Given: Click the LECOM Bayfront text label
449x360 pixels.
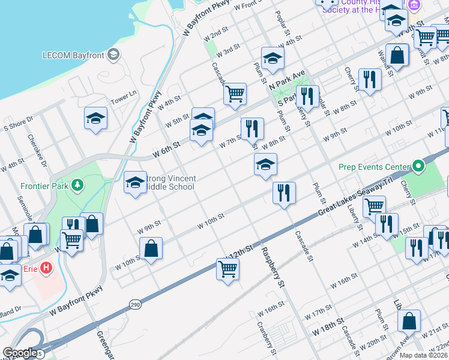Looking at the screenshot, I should [73, 55].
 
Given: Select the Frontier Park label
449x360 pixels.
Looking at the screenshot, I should [40, 186].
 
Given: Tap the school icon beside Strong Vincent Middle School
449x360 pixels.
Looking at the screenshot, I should [136, 182].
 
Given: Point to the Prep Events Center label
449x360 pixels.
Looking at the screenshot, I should [372, 167].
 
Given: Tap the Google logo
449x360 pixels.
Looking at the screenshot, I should [20, 353].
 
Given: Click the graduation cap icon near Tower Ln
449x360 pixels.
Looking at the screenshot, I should [95, 118].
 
